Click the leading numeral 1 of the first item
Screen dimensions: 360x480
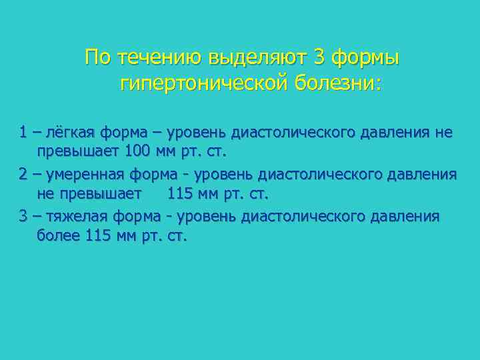[x=23, y=133]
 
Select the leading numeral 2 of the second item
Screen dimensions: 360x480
[x=23, y=175]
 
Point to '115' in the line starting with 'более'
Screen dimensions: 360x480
[x=99, y=235]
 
